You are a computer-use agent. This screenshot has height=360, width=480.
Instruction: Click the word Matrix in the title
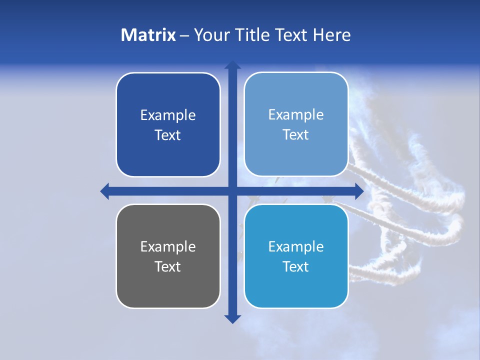[x=148, y=35]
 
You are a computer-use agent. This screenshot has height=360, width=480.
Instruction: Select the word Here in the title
[x=331, y=35]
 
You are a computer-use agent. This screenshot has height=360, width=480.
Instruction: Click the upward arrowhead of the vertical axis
[x=232, y=64]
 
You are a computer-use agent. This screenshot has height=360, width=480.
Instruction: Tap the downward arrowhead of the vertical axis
[x=232, y=318]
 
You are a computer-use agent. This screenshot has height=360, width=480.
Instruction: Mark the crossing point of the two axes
[x=232, y=191]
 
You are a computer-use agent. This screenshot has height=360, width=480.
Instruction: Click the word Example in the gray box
[x=168, y=246]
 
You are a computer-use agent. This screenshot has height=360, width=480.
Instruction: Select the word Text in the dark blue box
[x=168, y=135]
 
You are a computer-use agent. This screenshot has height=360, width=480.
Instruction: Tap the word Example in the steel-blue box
[x=296, y=115]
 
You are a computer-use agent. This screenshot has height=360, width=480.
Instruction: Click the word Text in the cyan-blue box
[x=296, y=266]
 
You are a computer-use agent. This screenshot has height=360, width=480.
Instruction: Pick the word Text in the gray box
[x=168, y=266]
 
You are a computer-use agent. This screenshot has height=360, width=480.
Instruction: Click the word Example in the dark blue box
[x=168, y=115]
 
